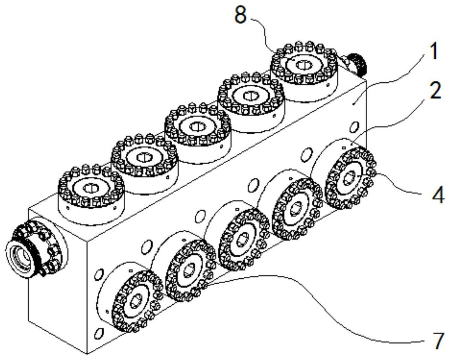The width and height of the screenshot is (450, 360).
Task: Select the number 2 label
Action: coord(436,91)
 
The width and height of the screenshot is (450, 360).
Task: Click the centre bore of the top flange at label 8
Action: coord(302,65)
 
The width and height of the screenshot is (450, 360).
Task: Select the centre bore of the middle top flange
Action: coord(196,126)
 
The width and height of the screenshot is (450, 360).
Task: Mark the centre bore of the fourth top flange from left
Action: coord(249,96)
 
